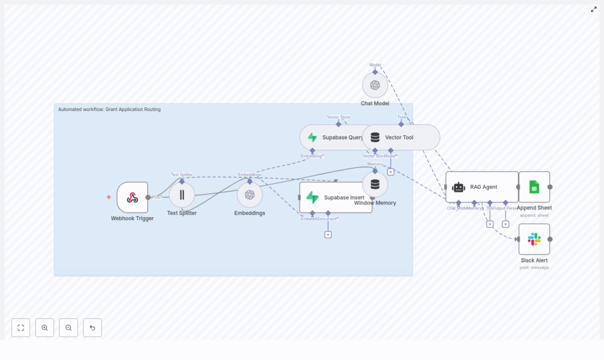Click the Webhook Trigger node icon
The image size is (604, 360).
(132, 197)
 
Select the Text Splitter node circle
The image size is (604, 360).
(182, 195)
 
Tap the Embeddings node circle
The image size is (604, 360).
(250, 195)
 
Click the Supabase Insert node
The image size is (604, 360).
(335, 197)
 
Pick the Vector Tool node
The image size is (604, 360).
(401, 138)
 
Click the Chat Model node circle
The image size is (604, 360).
(375, 85)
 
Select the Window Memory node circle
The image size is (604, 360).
(375, 185)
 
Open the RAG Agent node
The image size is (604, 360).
(481, 187)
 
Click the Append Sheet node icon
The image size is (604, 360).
(534, 187)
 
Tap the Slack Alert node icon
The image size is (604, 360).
(534, 239)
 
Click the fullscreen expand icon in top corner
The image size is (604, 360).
(593, 9)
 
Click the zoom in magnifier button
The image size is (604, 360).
(45, 328)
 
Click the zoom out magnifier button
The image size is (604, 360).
(68, 328)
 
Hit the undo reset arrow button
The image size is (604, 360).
(92, 328)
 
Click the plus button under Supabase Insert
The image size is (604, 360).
(328, 234)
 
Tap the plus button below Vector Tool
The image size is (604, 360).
(390, 172)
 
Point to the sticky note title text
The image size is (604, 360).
(109, 109)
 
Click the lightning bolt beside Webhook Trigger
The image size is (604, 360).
(109, 197)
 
